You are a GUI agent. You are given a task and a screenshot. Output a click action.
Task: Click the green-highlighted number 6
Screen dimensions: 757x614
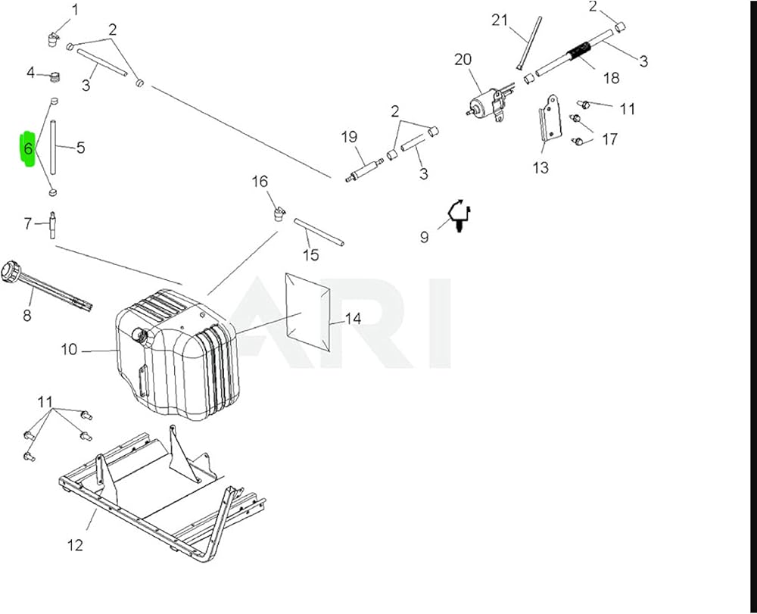(x=28, y=148)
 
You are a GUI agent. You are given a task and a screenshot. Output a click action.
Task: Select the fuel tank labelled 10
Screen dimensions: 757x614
(x=177, y=354)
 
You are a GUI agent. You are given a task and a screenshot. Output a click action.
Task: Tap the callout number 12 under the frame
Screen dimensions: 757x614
(x=75, y=545)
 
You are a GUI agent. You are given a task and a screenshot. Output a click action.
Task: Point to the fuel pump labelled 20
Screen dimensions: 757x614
(x=487, y=105)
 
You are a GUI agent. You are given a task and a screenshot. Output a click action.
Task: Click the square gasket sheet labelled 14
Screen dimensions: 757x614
(x=308, y=312)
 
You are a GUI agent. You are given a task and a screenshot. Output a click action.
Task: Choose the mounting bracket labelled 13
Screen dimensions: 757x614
(x=550, y=119)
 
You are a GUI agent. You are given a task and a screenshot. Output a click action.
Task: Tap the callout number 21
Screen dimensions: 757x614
(x=500, y=20)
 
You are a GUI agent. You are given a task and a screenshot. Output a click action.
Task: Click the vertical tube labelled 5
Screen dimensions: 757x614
(x=54, y=147)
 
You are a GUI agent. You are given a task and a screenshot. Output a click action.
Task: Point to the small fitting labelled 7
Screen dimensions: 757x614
(x=51, y=224)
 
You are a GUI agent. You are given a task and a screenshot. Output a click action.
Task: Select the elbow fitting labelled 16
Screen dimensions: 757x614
(x=279, y=213)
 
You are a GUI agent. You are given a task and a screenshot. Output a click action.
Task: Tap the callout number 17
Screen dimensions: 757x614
(x=609, y=139)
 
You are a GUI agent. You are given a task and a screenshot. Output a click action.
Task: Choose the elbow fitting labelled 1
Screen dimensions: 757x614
(x=54, y=38)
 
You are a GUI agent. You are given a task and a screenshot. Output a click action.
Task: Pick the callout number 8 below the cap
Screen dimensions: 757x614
(x=27, y=315)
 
